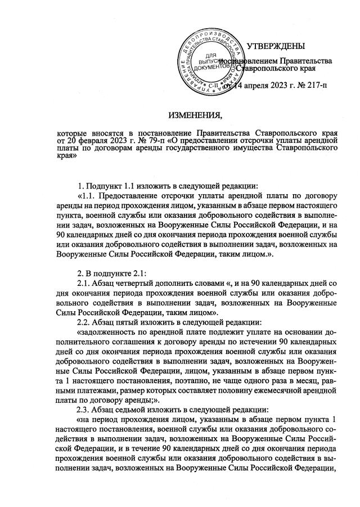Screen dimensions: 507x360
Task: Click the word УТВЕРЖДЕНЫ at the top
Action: click(276, 45)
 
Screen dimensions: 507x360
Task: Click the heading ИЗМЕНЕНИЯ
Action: click(196, 116)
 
